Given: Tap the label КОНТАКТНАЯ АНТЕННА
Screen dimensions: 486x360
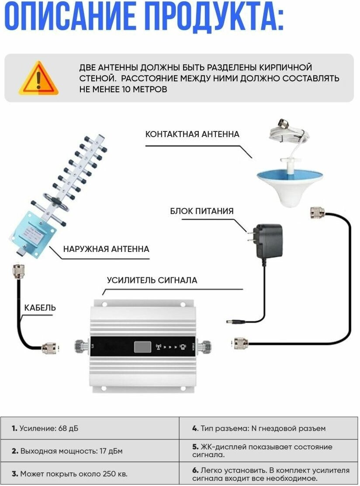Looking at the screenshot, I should [x=192, y=134].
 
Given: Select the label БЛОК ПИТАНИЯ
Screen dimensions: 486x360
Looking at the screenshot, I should [x=202, y=211].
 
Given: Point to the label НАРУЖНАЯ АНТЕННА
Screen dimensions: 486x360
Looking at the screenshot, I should [x=106, y=249].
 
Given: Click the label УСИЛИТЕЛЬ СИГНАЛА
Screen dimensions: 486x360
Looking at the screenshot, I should [x=152, y=280].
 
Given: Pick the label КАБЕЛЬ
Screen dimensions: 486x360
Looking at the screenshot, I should [x=40, y=308].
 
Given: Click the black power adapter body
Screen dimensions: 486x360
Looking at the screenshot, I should [x=268, y=241].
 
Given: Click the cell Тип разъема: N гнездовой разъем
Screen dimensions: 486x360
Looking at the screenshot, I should [x=268, y=428].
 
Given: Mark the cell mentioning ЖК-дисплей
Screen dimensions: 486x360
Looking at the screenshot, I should [x=268, y=451].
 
